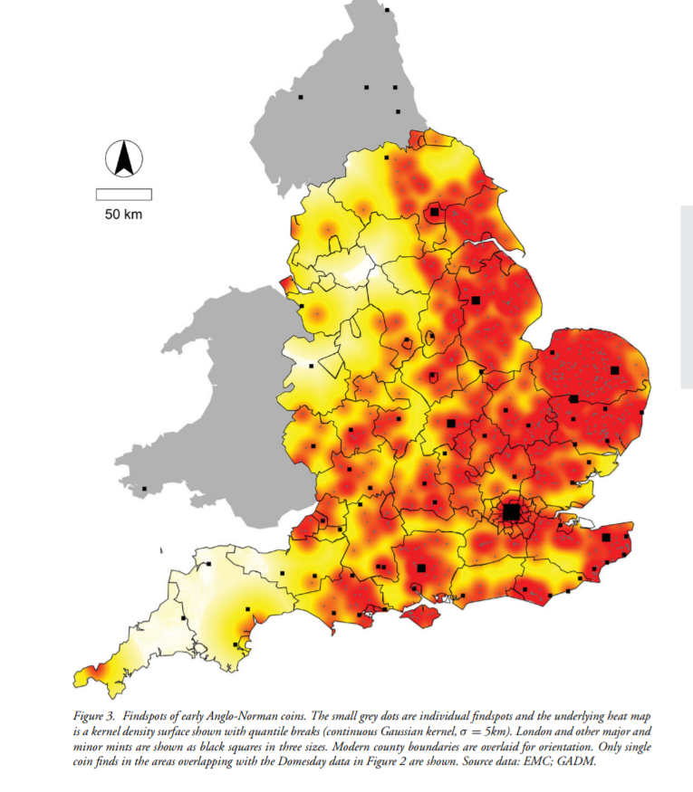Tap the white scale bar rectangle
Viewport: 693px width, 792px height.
pos(124,194)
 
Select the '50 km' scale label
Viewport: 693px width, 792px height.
pos(124,215)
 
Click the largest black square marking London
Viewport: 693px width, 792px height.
pos(511,512)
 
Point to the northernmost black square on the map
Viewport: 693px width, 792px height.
pos(387,10)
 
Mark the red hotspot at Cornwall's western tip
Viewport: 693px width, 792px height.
pos(94,672)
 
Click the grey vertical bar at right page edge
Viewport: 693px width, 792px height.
pos(687,297)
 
